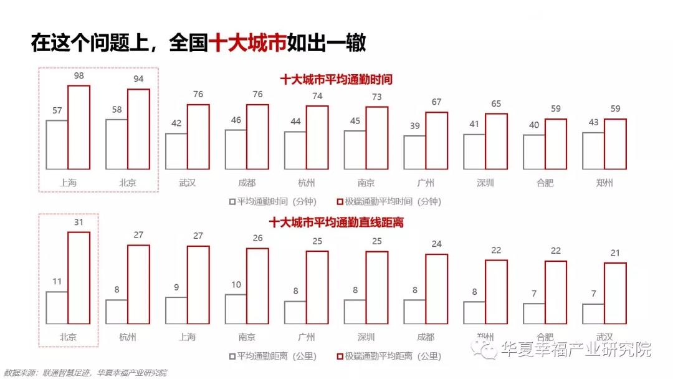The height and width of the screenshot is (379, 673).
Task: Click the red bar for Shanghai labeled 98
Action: click(x=79, y=127)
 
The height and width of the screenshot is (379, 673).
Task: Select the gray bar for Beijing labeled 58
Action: click(x=117, y=144)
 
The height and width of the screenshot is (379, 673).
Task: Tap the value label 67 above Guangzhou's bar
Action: click(x=437, y=102)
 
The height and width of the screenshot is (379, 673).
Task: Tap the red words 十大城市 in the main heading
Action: click(x=247, y=43)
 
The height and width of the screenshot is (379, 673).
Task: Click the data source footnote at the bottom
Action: click(x=85, y=373)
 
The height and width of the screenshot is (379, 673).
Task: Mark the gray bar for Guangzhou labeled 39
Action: click(x=414, y=152)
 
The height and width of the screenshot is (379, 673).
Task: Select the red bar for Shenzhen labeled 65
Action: click(x=496, y=141)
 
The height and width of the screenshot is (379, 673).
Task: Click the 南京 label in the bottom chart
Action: click(x=247, y=337)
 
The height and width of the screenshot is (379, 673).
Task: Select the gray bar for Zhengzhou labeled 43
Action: click(x=593, y=150)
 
